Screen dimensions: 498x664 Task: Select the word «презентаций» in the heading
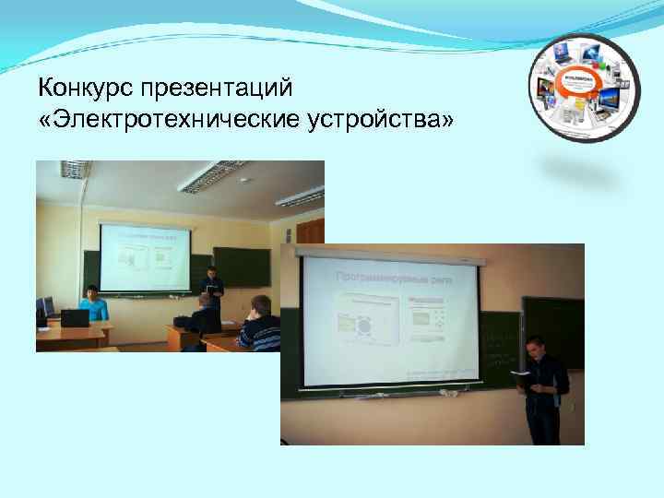point(214,90)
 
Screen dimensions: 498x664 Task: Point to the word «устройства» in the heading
point(386,121)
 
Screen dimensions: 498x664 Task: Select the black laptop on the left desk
point(74,318)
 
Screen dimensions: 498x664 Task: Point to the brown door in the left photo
point(311,231)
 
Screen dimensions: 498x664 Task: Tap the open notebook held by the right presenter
point(521,373)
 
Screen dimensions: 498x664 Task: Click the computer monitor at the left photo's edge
point(43,307)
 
